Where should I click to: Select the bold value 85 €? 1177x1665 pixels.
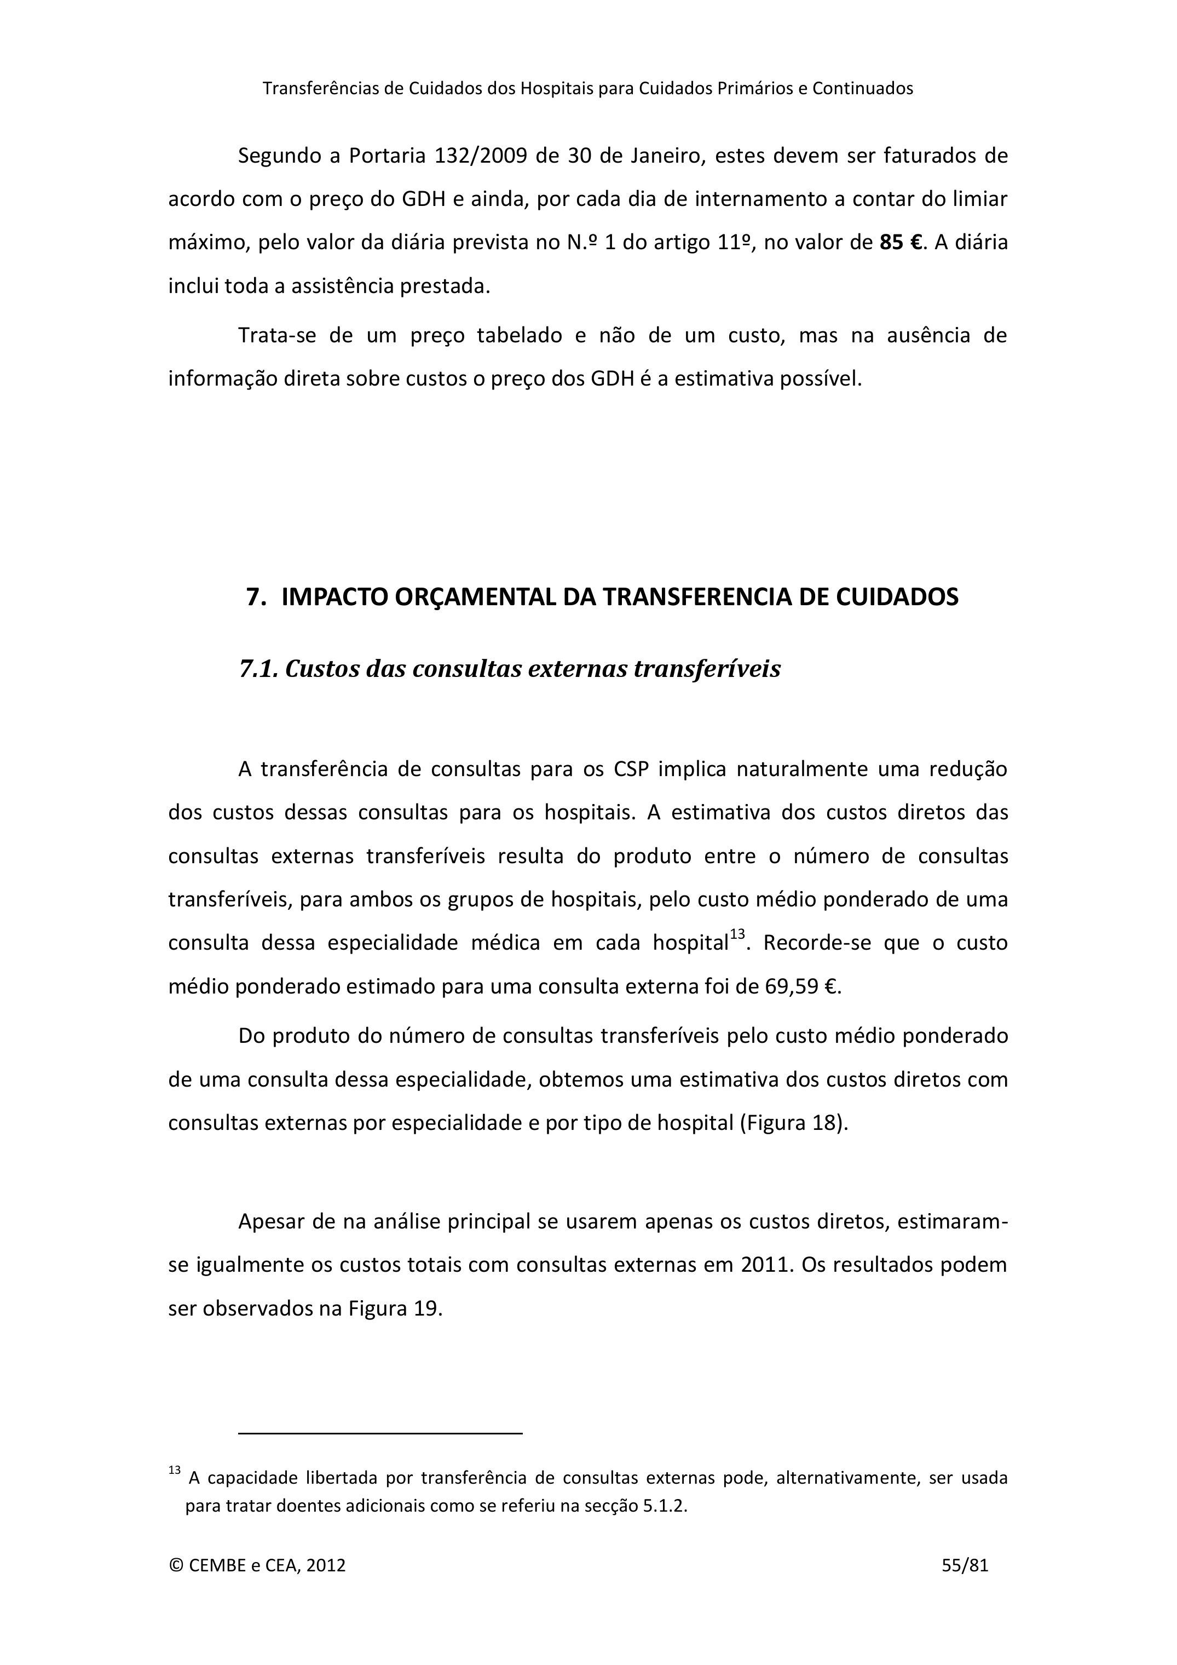click(902, 242)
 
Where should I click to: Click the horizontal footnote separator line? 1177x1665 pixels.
click(380, 1434)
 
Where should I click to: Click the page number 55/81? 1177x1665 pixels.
click(965, 1566)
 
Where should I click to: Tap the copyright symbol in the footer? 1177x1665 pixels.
click(175, 1566)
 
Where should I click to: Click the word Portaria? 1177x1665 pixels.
click(387, 156)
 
